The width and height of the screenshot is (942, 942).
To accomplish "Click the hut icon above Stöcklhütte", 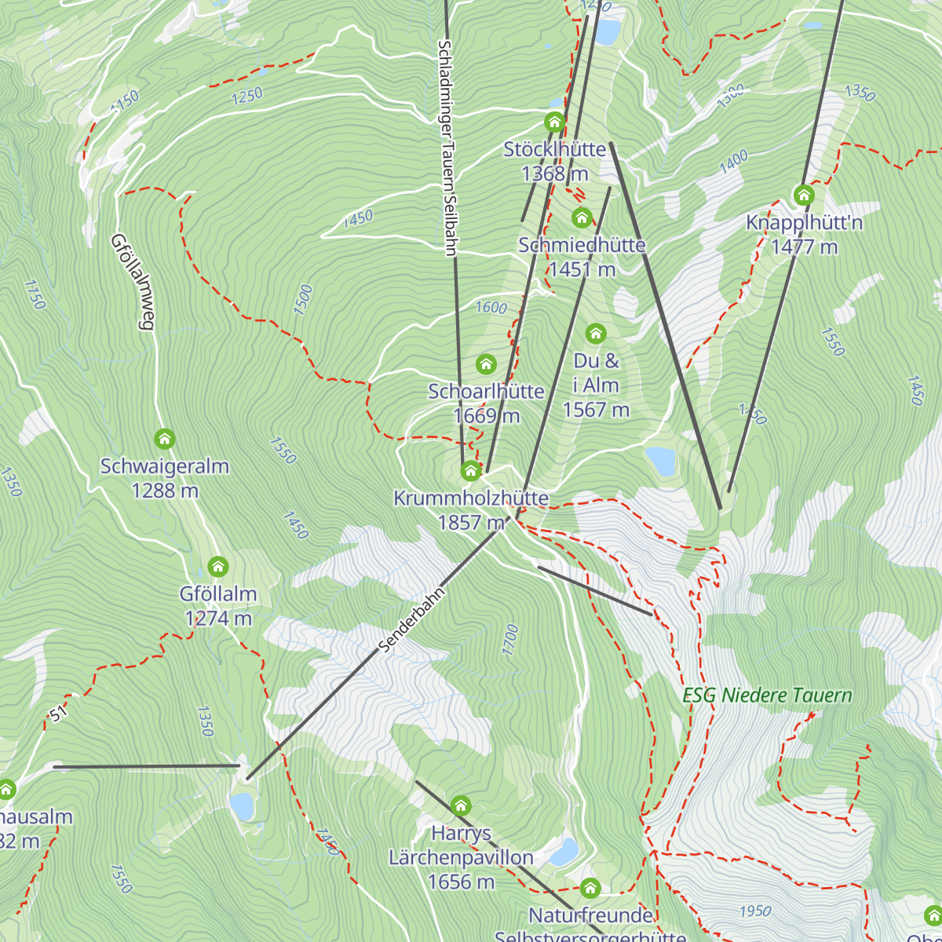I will (555, 122).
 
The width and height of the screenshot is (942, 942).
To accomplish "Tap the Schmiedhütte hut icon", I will (582, 217).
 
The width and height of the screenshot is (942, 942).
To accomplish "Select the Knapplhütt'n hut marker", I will (804, 195).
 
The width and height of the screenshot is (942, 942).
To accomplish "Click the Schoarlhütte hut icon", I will (487, 363).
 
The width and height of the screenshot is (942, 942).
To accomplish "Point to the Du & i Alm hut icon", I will (596, 334).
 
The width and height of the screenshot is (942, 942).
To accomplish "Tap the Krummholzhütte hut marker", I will (470, 470).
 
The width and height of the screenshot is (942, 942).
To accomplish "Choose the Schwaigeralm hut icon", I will (164, 438).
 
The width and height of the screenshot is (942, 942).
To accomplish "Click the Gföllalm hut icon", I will (218, 566).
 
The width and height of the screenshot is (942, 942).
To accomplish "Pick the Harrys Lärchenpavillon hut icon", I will (461, 805).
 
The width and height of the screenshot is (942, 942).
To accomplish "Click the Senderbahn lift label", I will (411, 619).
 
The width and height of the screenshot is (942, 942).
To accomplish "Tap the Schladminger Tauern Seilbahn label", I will (447, 148).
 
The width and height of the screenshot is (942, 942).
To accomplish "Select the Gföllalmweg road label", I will (132, 282).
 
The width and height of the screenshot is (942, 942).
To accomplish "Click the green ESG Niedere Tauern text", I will (767, 696).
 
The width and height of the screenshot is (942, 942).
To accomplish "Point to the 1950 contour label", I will (755, 911).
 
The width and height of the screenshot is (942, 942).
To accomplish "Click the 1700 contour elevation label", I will (511, 640).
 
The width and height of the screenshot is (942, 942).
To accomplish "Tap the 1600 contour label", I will (491, 308).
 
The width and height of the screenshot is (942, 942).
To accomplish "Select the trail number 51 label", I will (57, 714).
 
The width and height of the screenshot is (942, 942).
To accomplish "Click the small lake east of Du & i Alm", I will (661, 461).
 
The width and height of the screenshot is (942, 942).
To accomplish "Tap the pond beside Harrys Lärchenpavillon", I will (564, 852).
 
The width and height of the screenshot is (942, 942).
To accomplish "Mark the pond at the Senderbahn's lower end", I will (243, 805).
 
